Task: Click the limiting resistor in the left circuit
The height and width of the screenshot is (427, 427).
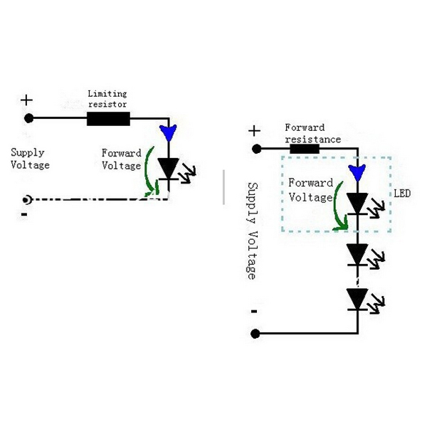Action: [108, 118]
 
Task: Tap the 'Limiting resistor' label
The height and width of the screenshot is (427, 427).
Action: [107, 99]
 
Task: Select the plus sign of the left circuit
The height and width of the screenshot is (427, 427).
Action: [27, 100]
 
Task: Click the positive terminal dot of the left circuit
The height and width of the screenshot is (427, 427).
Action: [28, 118]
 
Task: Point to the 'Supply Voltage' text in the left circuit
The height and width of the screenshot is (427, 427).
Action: [30, 159]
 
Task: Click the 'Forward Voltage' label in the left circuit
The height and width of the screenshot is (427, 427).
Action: [122, 159]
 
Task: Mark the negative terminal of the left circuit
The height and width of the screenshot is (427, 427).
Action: [28, 200]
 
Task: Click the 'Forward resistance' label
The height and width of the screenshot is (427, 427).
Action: [312, 134]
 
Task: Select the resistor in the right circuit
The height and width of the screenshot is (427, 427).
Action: [304, 149]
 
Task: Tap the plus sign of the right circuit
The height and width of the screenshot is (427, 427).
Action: [255, 130]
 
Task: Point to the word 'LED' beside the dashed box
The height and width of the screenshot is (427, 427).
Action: [401, 194]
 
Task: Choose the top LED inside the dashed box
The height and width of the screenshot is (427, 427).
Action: [357, 204]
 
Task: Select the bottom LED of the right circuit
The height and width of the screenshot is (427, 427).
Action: [357, 298]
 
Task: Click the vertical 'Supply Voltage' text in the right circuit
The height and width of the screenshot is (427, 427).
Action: [251, 231]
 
